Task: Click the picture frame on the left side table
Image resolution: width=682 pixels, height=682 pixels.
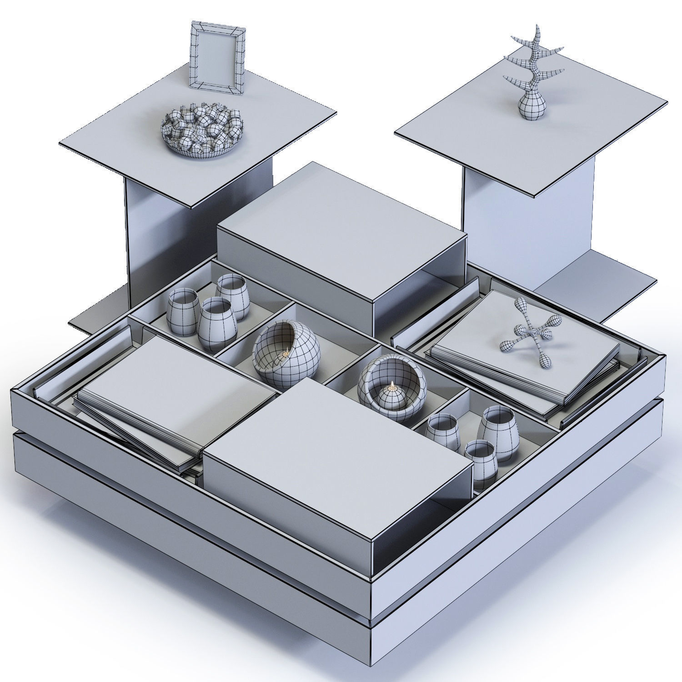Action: pyautogui.click(x=217, y=58)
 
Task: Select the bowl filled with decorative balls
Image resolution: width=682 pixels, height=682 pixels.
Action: pyautogui.click(x=201, y=131)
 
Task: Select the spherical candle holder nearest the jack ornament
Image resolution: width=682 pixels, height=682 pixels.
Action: pyautogui.click(x=392, y=386)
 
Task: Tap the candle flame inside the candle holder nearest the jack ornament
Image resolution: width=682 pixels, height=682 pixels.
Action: pyautogui.click(x=392, y=387)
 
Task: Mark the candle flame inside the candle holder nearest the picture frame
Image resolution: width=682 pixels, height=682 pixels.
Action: pyautogui.click(x=286, y=352)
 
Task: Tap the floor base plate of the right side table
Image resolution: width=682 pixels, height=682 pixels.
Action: pyautogui.click(x=605, y=291)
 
